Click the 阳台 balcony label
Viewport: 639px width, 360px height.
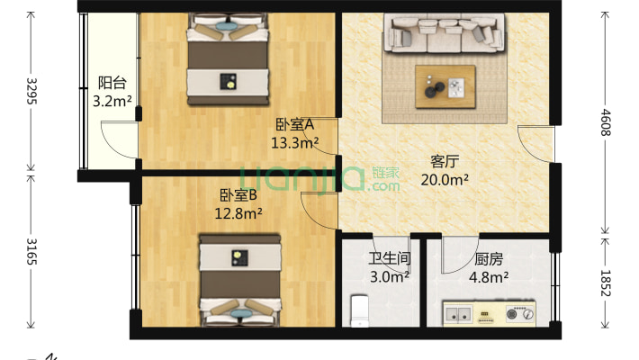coord(112,84)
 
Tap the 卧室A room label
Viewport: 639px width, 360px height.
coord(294,125)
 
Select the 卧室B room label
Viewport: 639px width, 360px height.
coord(238,195)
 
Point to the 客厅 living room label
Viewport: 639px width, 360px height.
coord(445,162)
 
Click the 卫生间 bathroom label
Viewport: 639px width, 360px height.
coord(389,260)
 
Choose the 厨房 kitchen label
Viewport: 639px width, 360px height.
coord(489,260)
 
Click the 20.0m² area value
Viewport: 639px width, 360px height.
coord(445,179)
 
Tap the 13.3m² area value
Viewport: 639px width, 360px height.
coord(294,142)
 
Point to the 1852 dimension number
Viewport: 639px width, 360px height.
coord(606,283)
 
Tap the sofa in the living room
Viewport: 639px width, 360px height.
coord(445,36)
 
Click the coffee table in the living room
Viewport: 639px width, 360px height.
coord(445,86)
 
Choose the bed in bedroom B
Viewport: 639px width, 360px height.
coord(238,279)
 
